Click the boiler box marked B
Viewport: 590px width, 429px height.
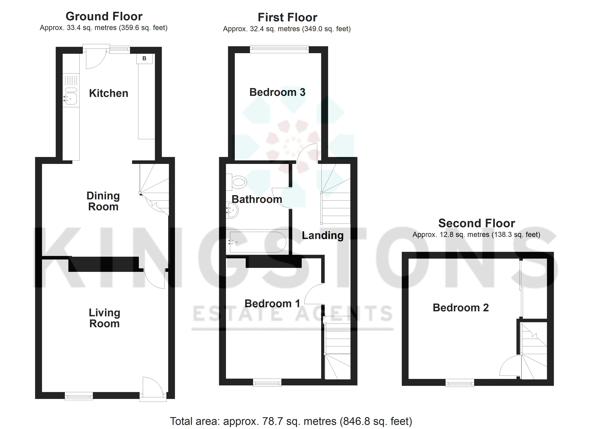(x=144, y=58)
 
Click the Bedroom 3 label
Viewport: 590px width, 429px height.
(x=277, y=92)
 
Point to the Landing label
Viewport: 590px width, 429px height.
(x=323, y=235)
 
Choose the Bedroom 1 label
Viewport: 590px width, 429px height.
(x=272, y=303)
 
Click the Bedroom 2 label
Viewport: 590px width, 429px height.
(x=461, y=308)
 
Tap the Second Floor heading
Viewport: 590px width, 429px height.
(x=477, y=223)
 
